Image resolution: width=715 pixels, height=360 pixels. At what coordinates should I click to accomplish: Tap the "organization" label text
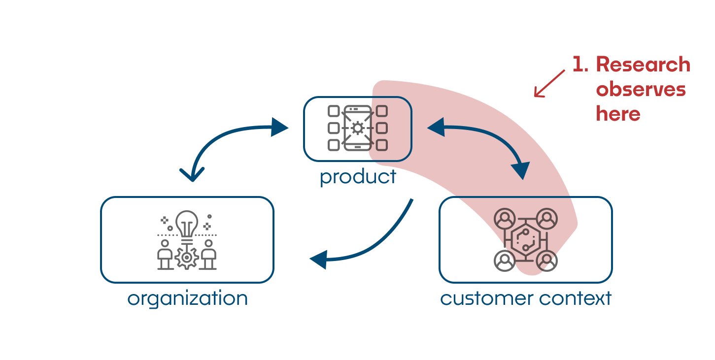pyautogui.click(x=187, y=299)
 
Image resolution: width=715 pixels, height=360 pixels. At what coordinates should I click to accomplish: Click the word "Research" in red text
pyautogui.click(x=643, y=65)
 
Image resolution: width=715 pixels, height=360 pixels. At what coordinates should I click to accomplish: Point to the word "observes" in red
pyautogui.click(x=641, y=90)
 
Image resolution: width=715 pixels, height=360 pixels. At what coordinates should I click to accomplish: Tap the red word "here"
pyautogui.click(x=618, y=114)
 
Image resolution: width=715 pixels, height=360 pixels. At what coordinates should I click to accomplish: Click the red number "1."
pyautogui.click(x=580, y=65)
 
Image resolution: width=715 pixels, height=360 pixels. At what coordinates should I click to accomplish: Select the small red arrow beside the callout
pyautogui.click(x=548, y=84)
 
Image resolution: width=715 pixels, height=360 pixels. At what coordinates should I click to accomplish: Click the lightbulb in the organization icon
pyautogui.click(x=187, y=223)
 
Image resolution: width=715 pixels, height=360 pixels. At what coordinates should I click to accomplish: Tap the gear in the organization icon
pyautogui.click(x=187, y=258)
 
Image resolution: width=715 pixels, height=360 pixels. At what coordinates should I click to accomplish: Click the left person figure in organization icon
pyautogui.click(x=165, y=254)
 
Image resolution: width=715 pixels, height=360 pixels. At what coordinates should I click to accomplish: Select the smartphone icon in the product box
pyautogui.click(x=358, y=129)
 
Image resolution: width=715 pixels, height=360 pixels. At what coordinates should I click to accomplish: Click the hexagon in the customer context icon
pyautogui.click(x=525, y=240)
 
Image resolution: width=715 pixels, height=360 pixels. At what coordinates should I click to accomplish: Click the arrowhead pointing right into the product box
pyautogui.click(x=280, y=127)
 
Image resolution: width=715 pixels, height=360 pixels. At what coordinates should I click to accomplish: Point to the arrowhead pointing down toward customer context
pyautogui.click(x=520, y=170)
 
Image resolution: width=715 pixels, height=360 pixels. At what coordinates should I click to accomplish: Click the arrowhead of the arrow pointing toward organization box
pyautogui.click(x=319, y=259)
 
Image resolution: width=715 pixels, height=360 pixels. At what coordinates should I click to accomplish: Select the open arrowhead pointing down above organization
pyautogui.click(x=192, y=174)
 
